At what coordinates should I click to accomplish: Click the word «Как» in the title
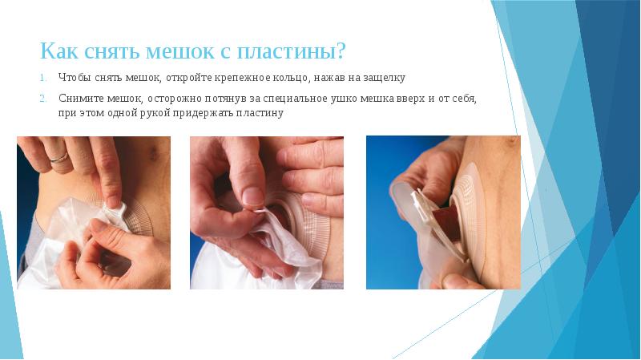tap(59, 51)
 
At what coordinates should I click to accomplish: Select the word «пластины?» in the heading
tap(291, 52)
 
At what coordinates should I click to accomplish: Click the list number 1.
tap(44, 78)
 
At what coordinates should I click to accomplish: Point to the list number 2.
tap(44, 99)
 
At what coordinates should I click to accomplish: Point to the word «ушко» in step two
tap(345, 99)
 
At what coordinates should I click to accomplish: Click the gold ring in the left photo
tap(59, 157)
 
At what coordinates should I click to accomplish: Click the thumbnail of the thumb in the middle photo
tap(252, 196)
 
